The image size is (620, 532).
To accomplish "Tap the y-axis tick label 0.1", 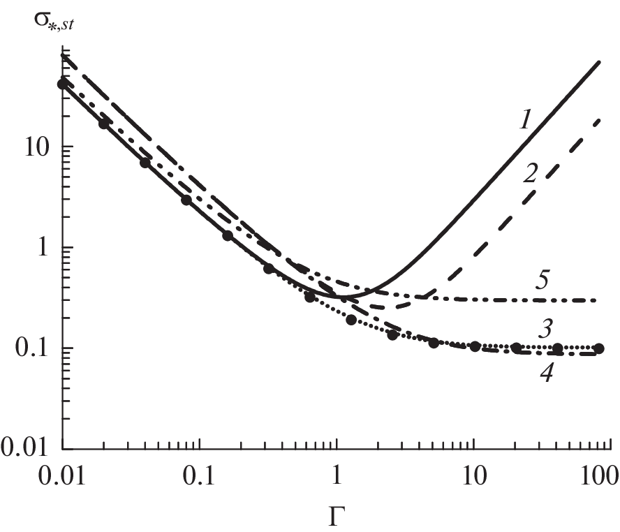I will [x=33, y=348].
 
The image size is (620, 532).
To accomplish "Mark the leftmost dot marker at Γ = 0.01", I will [x=64, y=84].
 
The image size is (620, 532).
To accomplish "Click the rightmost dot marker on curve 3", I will [x=599, y=348].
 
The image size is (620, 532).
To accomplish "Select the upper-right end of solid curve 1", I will [x=600, y=63].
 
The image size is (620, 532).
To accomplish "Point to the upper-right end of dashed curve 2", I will [x=600, y=120].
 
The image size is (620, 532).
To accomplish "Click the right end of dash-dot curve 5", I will [x=596, y=300].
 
